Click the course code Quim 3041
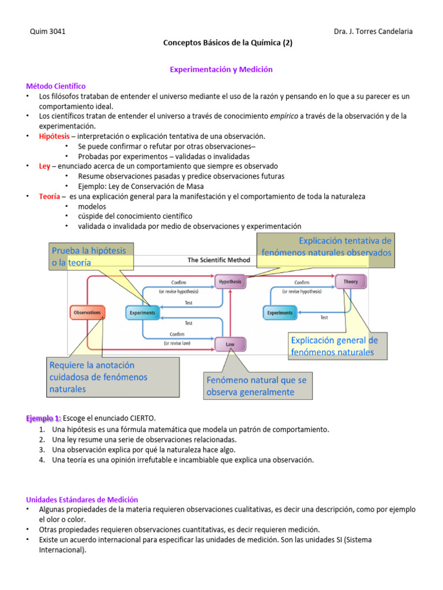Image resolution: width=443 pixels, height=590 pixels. (x=47, y=32)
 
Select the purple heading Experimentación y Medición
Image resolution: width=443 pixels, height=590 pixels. (x=221, y=69)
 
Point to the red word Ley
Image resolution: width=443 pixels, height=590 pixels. (x=44, y=166)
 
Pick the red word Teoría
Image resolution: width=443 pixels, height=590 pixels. (x=49, y=196)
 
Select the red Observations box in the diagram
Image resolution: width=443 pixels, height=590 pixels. (x=87, y=313)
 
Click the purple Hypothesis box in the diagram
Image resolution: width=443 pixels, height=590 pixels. (x=231, y=282)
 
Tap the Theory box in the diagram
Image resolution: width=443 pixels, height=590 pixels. (x=350, y=282)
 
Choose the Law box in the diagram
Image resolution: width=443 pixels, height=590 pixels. (x=230, y=344)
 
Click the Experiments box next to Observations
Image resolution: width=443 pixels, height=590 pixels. (x=142, y=313)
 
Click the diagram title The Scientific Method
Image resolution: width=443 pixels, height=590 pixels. (x=219, y=260)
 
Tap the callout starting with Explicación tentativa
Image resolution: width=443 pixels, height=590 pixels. (x=327, y=247)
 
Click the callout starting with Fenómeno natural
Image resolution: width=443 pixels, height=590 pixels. (x=257, y=386)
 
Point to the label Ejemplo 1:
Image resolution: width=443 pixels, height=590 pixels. (x=43, y=418)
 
